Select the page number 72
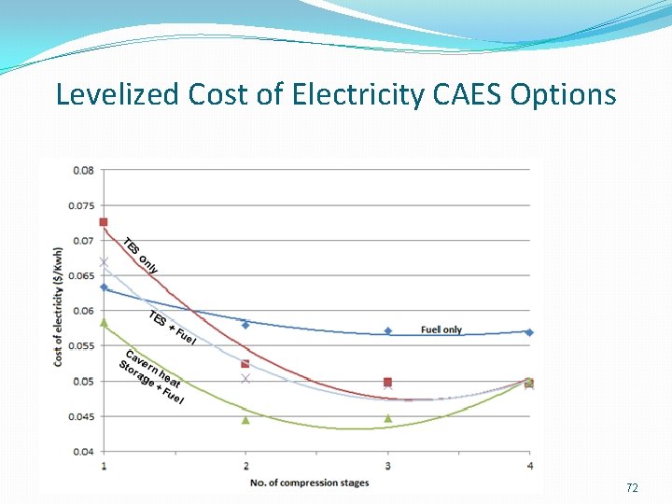pyautogui.click(x=632, y=488)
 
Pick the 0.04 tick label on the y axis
pyautogui.click(x=83, y=452)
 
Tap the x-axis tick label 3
pyautogui.click(x=388, y=466)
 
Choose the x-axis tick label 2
pyautogui.click(x=245, y=466)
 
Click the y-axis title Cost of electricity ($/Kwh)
pyautogui.click(x=59, y=305)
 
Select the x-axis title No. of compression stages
pyautogui.click(x=309, y=483)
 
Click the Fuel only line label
pyautogui.click(x=441, y=329)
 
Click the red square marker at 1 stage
pyautogui.click(x=104, y=222)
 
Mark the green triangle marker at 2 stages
pyautogui.click(x=245, y=420)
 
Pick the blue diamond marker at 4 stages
pyautogui.click(x=529, y=332)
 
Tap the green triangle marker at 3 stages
pyautogui.click(x=388, y=418)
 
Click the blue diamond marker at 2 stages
pyautogui.click(x=245, y=325)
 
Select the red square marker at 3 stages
pyautogui.click(x=388, y=382)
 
